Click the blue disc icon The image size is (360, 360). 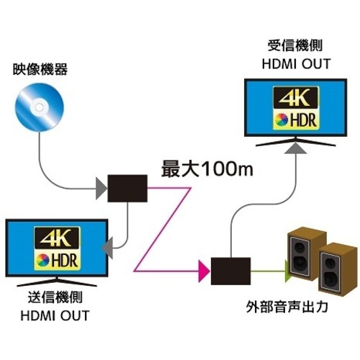click(x=40, y=107)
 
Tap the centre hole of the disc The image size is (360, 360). click(x=40, y=107)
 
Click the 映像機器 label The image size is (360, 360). click(x=40, y=69)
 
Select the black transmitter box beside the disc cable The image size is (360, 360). click(x=127, y=189)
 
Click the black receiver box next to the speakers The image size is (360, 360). click(x=230, y=271)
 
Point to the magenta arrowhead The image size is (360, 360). click(x=204, y=271)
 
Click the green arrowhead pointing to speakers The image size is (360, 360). click(x=287, y=271)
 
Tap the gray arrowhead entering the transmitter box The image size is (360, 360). click(x=102, y=189)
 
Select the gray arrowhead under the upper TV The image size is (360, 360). click(x=295, y=148)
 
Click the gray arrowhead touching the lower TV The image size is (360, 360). click(x=107, y=248)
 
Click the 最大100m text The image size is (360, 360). click(x=207, y=169)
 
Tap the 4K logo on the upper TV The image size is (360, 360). click(x=295, y=97)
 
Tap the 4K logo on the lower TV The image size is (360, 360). click(x=57, y=238)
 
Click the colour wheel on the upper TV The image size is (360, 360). click(x=282, y=120)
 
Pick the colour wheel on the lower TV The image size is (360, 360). click(x=42, y=261)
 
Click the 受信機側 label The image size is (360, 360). click(x=295, y=45)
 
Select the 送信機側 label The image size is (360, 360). click(x=55, y=297)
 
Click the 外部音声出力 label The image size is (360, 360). click(x=287, y=307)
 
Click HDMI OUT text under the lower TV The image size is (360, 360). click(x=55, y=315)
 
